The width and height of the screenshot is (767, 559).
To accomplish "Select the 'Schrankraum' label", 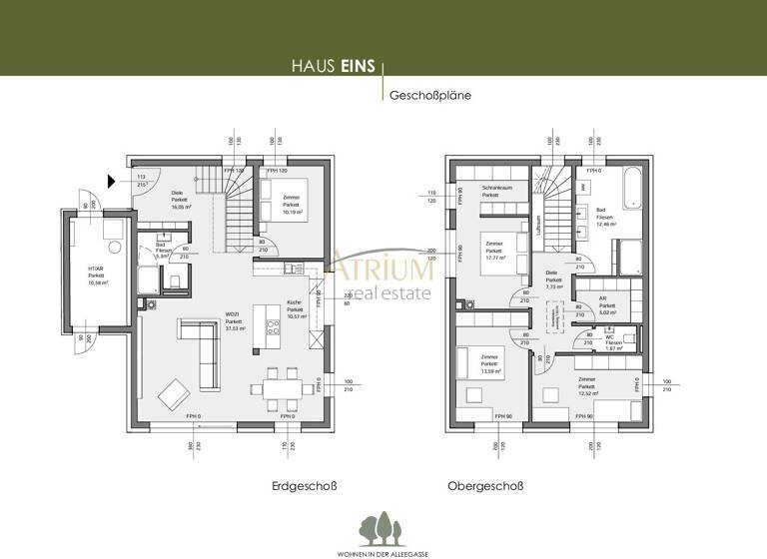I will [x=496, y=188].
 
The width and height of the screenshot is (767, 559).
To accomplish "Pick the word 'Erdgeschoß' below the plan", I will [x=301, y=486].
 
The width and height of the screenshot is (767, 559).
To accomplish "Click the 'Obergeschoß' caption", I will [x=485, y=486].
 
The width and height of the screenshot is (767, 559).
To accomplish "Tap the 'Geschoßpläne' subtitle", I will [x=430, y=96].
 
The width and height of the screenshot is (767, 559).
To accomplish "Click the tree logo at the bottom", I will [x=383, y=524].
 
